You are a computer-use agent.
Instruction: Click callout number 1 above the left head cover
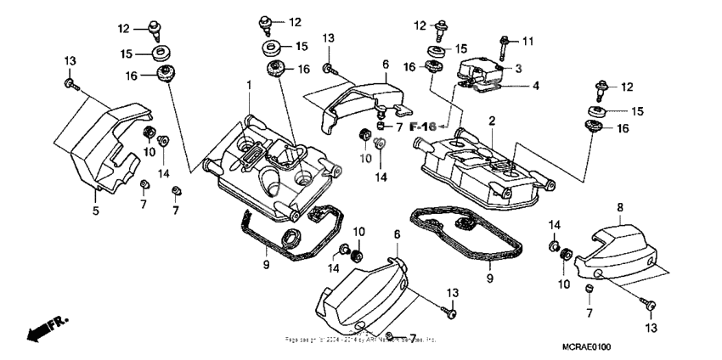coord(249,86)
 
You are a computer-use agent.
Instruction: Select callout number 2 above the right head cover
coord(491,121)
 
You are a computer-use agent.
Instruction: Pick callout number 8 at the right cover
coord(619,206)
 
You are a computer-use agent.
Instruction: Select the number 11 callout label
coord(527,41)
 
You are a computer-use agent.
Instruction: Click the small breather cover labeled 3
coord(480,66)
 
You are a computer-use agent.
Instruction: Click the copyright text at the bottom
coord(361,340)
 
